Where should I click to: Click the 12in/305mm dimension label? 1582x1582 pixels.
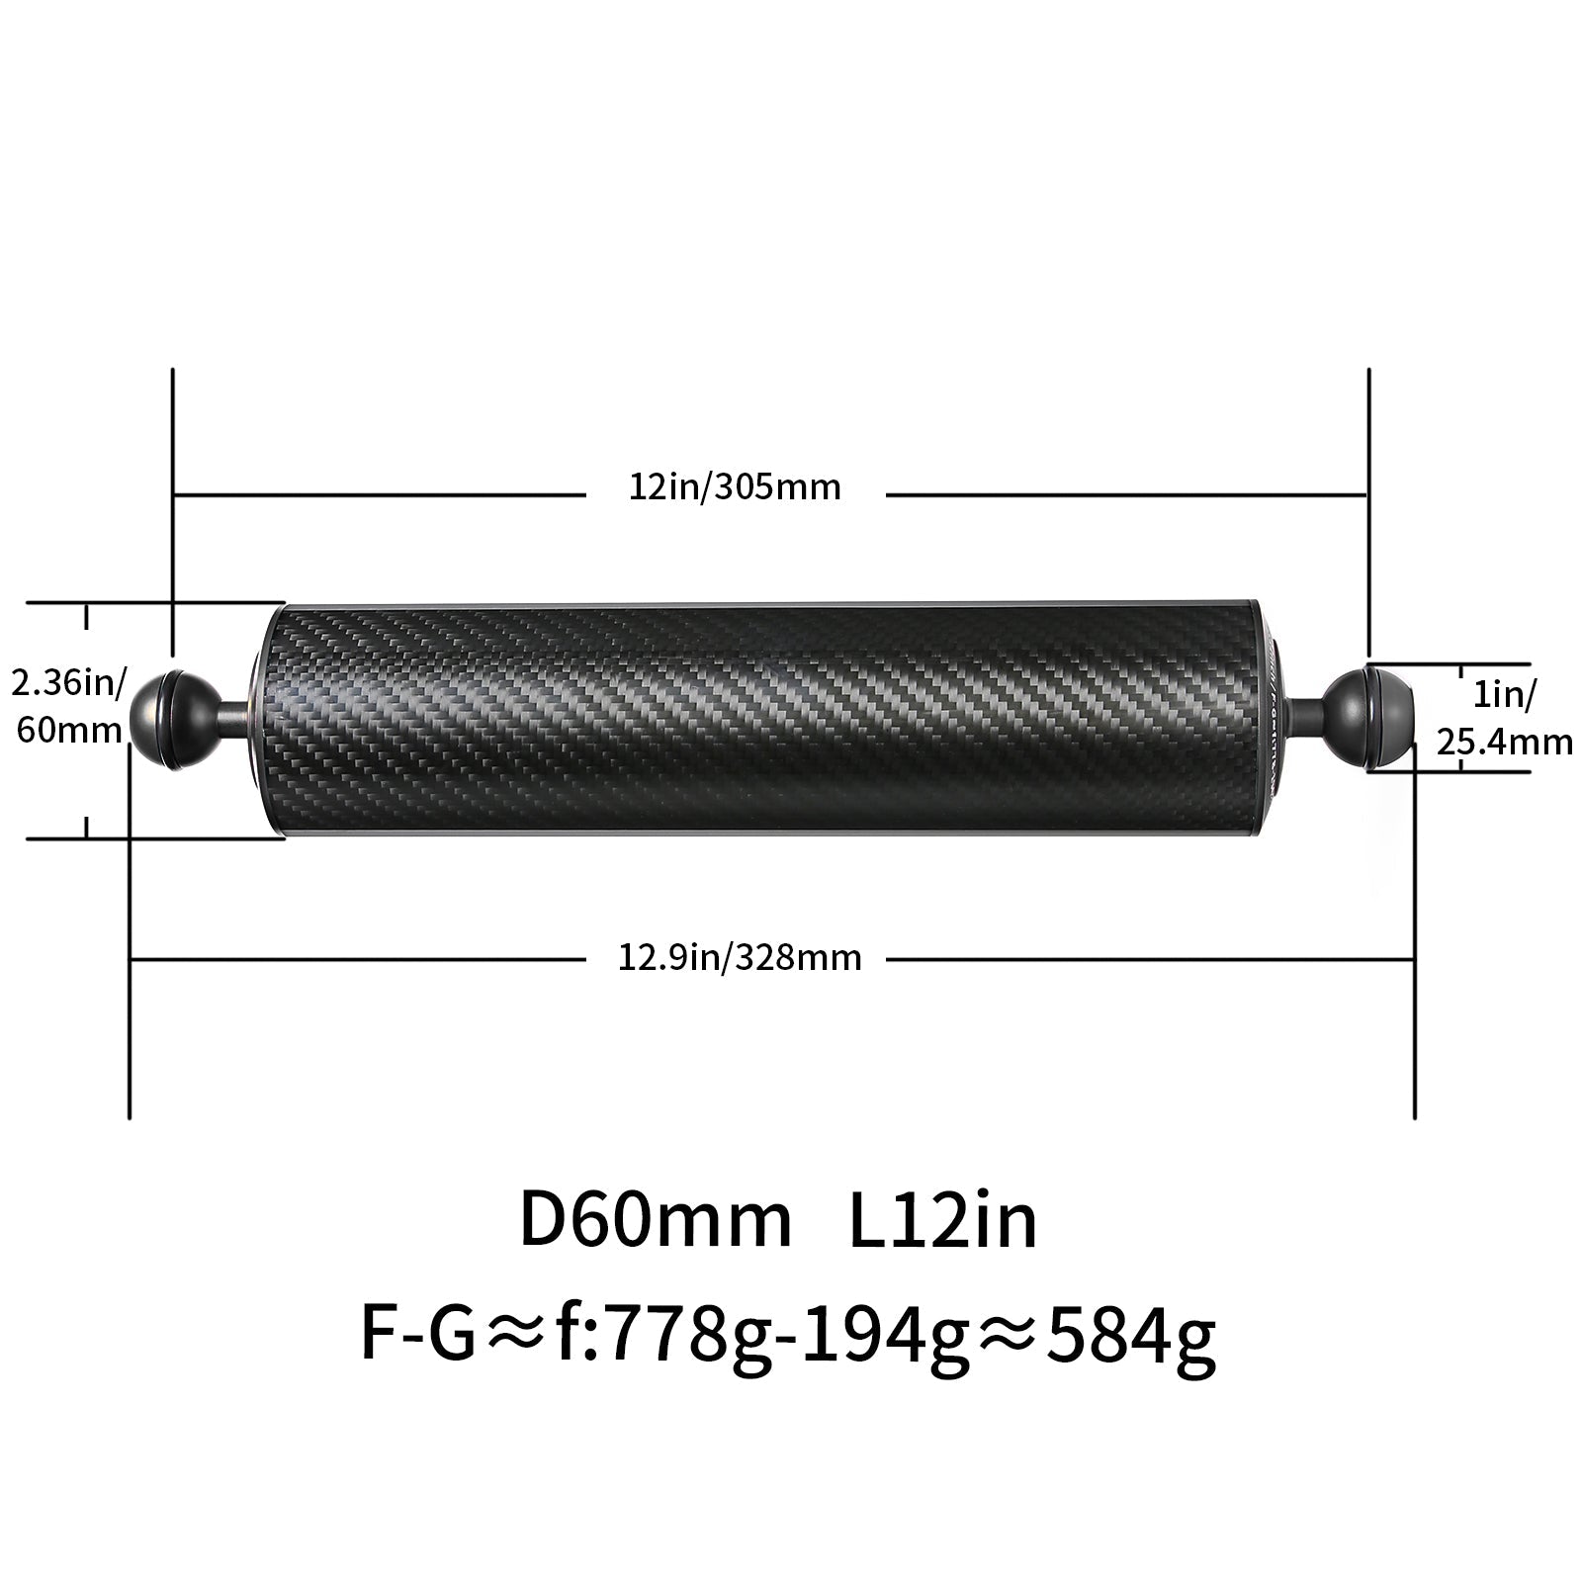point(735,486)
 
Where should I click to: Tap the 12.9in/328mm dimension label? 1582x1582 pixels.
point(740,958)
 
